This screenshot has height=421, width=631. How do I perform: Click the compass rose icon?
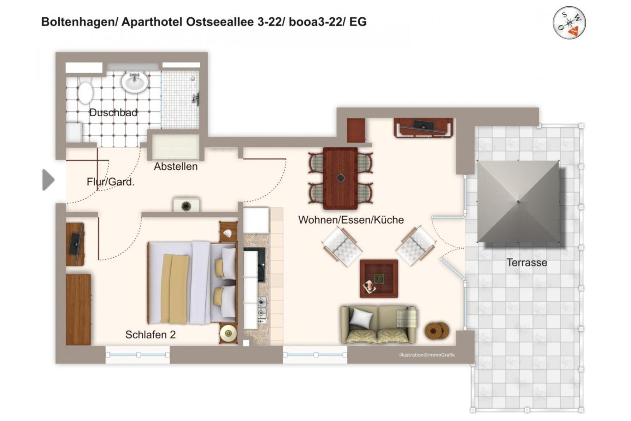(x=569, y=22)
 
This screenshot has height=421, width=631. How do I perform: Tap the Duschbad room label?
(x=113, y=112)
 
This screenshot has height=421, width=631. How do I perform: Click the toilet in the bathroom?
(x=85, y=93)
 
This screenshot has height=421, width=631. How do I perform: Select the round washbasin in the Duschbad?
(x=135, y=82)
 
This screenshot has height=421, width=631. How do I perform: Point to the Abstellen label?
(x=176, y=166)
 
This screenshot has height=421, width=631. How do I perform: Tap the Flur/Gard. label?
(x=110, y=182)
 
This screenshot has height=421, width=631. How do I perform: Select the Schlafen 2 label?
(x=150, y=335)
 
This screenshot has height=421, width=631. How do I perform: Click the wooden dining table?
(x=340, y=178)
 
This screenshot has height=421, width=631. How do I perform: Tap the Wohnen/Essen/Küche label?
(x=351, y=220)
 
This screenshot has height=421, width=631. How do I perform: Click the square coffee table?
(x=379, y=279)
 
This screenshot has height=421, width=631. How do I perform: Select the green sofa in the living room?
(x=378, y=324)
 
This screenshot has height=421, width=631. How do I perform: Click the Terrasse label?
(x=527, y=262)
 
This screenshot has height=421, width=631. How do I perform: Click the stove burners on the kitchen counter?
(x=262, y=308)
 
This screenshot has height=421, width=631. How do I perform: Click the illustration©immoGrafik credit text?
(x=427, y=355)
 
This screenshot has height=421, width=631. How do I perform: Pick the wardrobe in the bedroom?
(x=78, y=310)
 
